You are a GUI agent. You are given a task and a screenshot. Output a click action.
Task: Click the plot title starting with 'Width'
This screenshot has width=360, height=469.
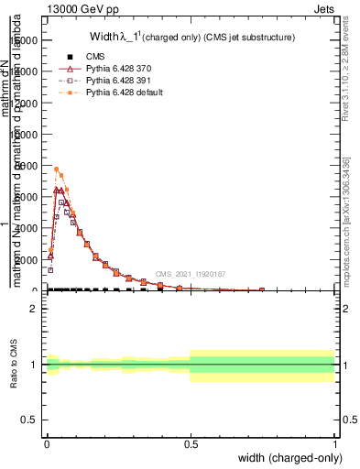click(x=191, y=38)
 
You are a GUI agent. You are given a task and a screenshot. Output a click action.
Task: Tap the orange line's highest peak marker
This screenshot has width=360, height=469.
click(x=57, y=169)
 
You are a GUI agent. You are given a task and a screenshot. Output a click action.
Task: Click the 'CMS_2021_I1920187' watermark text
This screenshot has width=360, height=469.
click(x=190, y=273)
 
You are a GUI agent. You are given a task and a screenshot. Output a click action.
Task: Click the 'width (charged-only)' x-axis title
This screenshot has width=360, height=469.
click(x=290, y=458)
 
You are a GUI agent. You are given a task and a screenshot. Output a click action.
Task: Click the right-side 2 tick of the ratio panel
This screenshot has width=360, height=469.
click(x=332, y=309)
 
